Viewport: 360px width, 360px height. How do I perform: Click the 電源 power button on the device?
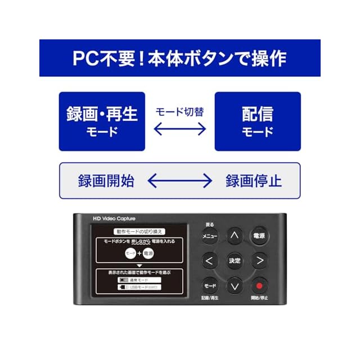(259, 236)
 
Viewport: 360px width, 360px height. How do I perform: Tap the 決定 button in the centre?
(235, 260)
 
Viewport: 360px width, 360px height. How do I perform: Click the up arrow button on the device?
(235, 236)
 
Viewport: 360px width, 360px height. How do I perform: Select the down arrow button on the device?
(235, 285)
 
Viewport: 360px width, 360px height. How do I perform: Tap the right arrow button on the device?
(259, 260)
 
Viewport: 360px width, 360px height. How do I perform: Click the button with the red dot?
(259, 285)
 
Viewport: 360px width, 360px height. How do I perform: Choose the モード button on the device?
(210, 285)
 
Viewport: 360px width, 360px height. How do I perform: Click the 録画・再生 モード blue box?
(102, 121)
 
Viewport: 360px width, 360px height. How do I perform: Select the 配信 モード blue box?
(258, 121)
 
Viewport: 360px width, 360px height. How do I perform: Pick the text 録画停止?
(254, 181)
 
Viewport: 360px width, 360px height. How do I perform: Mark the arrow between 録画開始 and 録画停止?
(180, 181)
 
